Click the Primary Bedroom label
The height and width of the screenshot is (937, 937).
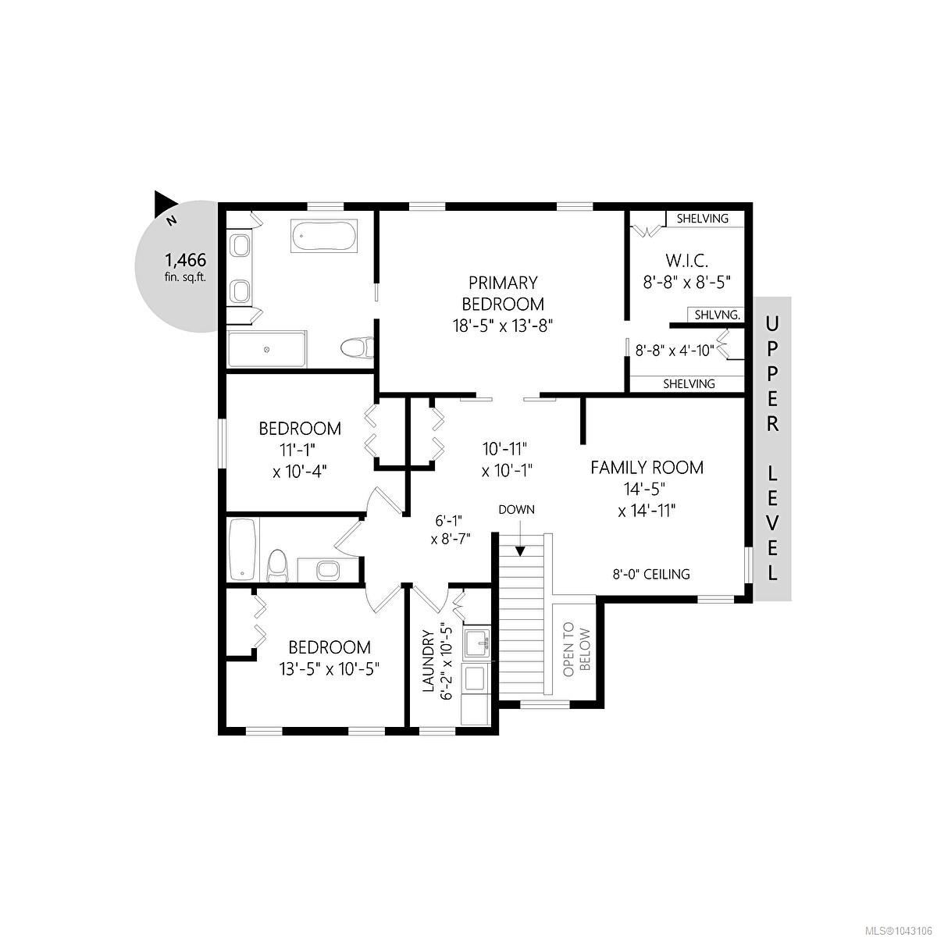pos(503,294)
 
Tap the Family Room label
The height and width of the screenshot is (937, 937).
pos(647,468)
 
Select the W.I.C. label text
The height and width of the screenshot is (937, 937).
pos(687,261)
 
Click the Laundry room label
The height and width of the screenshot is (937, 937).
pos(428,661)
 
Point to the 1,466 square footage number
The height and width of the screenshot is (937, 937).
pos(186,260)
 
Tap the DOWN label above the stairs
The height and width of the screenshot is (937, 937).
pos(516,510)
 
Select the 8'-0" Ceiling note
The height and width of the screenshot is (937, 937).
pos(651,574)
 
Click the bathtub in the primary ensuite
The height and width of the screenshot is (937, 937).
pos(324,237)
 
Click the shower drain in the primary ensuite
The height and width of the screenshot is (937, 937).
pos(266,350)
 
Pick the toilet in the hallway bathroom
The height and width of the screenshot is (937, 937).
pos(278,566)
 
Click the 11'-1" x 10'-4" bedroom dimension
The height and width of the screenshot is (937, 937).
pos(300,459)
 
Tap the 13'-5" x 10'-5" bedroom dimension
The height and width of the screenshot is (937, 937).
pos(329,669)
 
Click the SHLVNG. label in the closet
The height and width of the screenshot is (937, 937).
pos(718,315)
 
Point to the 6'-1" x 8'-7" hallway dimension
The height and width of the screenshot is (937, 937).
pos(451,529)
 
